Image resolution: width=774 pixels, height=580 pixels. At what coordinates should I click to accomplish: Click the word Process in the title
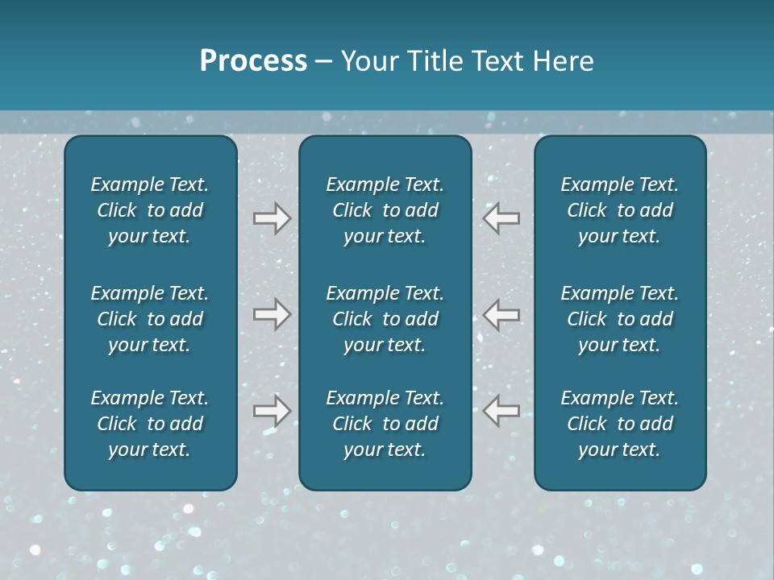click(253, 61)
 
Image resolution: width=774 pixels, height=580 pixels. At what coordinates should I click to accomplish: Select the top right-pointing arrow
click(272, 218)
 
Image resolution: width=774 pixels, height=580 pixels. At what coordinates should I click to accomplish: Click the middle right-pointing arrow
click(272, 314)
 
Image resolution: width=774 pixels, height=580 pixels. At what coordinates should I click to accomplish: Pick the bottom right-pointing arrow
click(272, 411)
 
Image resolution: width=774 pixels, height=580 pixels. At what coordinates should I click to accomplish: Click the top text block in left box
click(150, 210)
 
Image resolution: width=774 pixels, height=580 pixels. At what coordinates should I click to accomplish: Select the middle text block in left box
click(150, 319)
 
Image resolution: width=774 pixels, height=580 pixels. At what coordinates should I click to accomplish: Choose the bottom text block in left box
click(150, 424)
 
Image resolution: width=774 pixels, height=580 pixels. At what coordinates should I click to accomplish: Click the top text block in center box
click(385, 210)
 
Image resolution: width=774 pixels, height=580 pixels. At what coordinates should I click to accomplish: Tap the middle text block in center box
click(385, 319)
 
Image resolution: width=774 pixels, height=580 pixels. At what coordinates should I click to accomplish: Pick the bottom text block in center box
click(385, 424)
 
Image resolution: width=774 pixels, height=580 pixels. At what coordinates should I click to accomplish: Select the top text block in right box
click(619, 210)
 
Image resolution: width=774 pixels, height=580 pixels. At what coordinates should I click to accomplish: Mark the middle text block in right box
click(619, 319)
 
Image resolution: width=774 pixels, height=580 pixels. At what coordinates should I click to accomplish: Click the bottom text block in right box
click(619, 424)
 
